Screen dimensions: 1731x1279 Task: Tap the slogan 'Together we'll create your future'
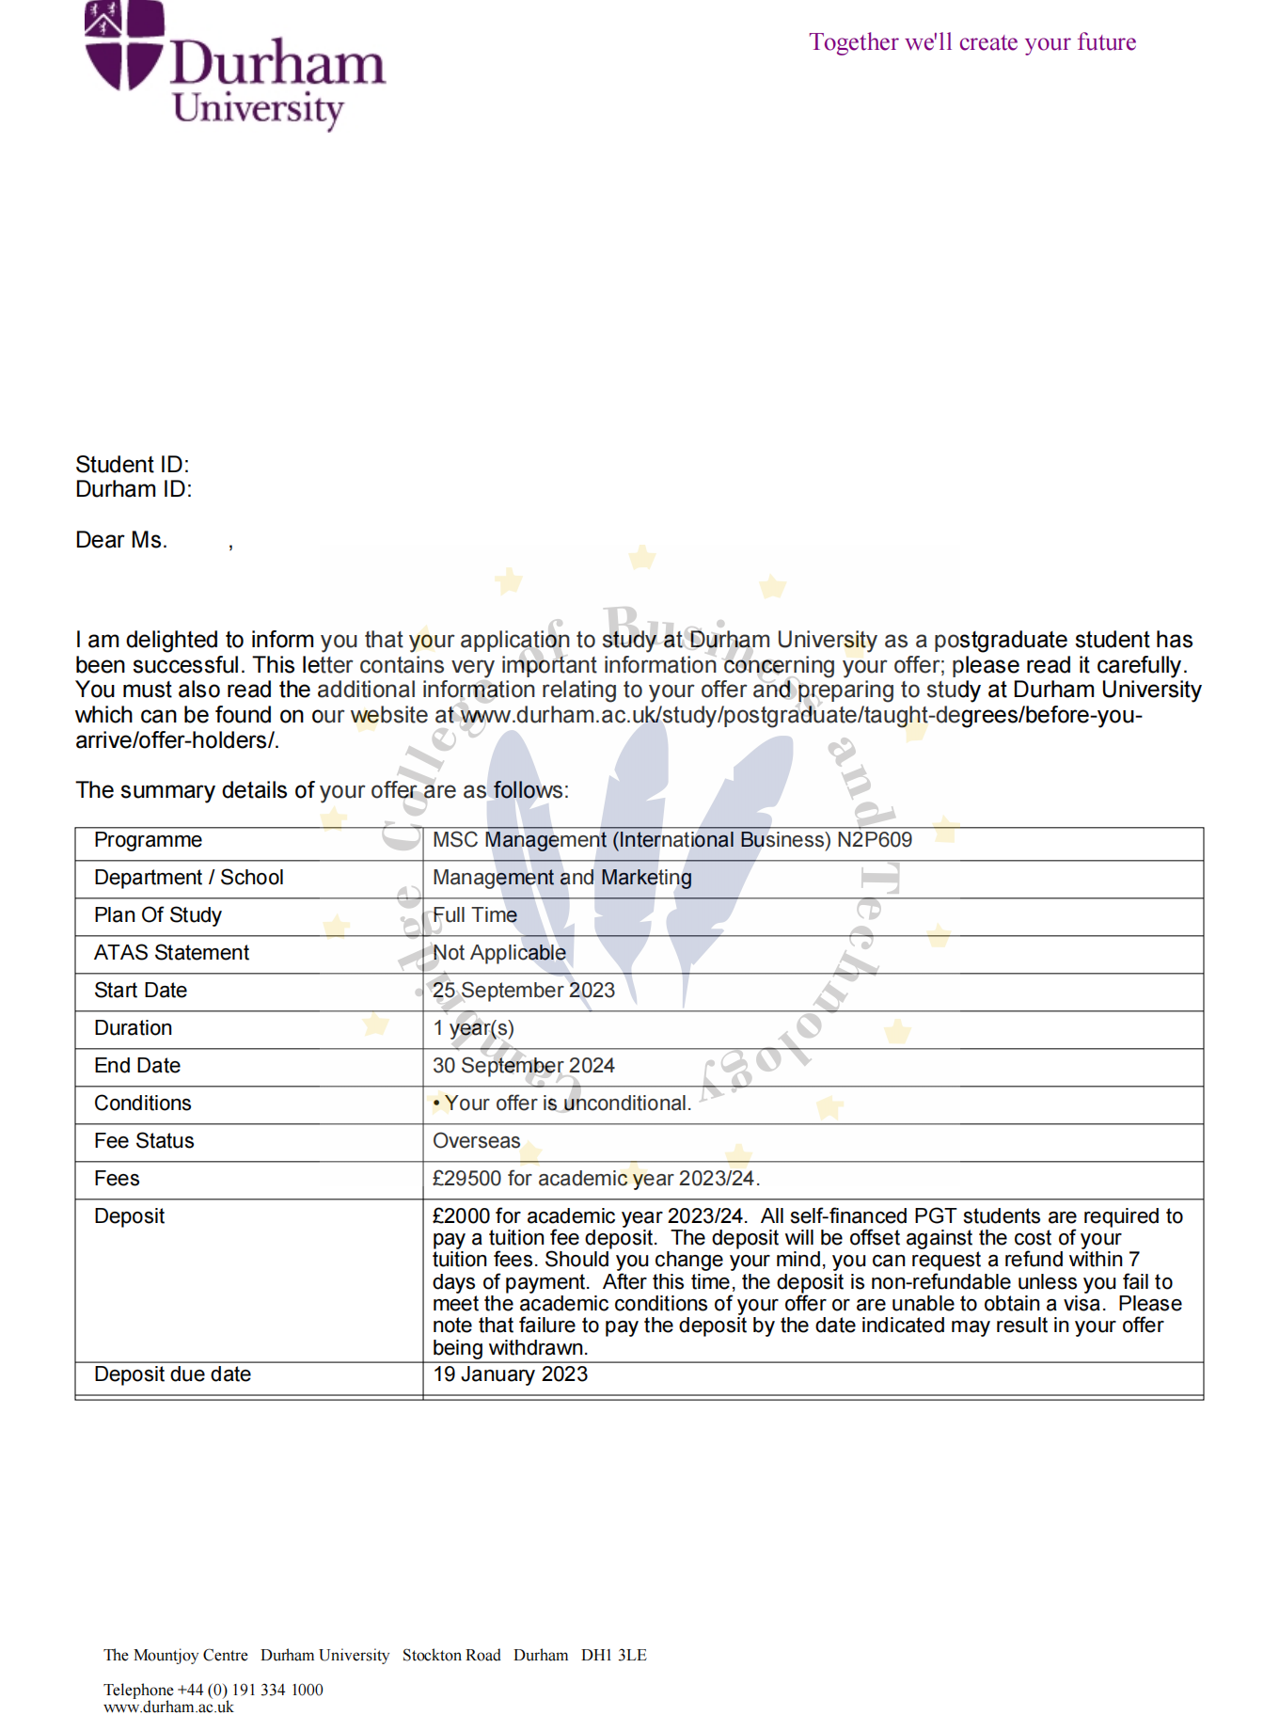coord(972,42)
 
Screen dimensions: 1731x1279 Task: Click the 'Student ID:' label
coord(133,465)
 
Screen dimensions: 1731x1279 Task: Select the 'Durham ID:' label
coord(134,489)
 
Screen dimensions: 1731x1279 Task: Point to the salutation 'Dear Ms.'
coord(121,540)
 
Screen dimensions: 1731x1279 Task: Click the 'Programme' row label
coord(148,840)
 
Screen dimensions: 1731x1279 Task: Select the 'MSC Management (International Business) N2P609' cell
coord(671,840)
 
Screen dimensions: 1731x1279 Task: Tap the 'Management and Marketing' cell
coord(561,878)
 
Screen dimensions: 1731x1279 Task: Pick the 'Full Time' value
coord(474,915)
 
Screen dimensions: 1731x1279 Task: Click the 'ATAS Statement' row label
coord(171,953)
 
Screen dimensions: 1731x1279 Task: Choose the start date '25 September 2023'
coord(523,991)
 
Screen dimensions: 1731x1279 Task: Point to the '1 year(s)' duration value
coord(473,1028)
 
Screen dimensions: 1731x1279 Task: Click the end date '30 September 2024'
coord(523,1066)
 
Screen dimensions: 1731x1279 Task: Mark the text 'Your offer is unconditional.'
coord(567,1104)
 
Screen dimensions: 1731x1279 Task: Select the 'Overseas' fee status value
coord(476,1141)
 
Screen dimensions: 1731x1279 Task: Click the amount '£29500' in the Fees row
coord(466,1179)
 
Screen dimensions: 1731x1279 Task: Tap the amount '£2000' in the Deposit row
coord(462,1216)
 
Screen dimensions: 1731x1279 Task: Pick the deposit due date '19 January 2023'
coord(510,1374)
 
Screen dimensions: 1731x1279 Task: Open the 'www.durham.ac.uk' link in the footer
coord(168,1707)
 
